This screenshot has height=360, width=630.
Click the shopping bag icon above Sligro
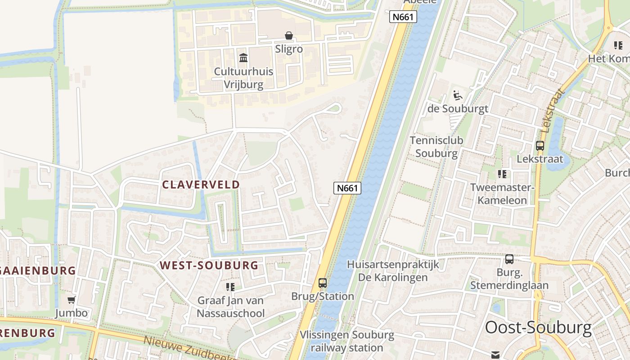point(288,36)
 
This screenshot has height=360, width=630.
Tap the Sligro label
point(288,49)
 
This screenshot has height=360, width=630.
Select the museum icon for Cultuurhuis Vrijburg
point(243,58)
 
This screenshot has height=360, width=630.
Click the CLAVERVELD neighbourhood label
point(201,184)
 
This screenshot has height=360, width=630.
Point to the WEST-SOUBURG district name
point(209,265)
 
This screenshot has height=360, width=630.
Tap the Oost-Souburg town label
point(538,328)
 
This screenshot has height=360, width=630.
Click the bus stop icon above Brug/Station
point(323,283)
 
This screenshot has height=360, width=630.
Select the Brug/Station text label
point(323,296)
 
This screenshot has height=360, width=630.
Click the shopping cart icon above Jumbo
point(71,300)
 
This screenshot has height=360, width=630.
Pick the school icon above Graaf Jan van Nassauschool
point(230,287)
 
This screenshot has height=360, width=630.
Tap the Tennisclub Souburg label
point(436,147)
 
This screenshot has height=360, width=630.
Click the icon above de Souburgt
point(457,95)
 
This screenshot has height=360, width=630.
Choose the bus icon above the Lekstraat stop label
point(540,146)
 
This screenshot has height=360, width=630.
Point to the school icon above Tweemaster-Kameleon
point(502,174)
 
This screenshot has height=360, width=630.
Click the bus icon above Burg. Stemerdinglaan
point(509,259)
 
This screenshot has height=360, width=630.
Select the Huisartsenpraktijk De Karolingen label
point(393,271)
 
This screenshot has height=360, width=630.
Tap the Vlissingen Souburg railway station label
point(347,341)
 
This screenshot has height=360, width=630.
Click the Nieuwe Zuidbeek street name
point(189,349)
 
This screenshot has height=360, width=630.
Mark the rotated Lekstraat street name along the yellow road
point(553,111)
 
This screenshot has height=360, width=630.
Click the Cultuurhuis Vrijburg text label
point(238,78)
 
